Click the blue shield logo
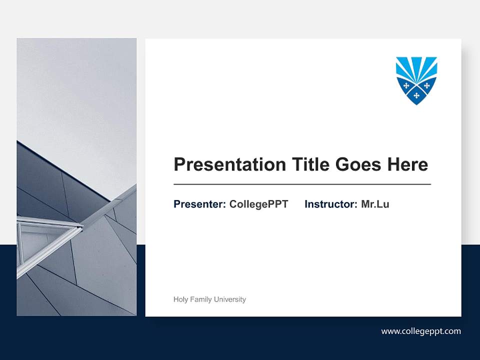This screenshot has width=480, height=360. [416, 80]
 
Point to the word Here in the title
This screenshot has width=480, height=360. [407, 164]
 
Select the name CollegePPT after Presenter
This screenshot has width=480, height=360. [258, 204]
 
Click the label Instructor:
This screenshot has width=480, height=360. [331, 204]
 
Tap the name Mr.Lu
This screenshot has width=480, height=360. [375, 204]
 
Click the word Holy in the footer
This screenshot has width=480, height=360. [181, 299]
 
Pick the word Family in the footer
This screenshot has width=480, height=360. [201, 299]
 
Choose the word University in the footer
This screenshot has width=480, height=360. [230, 299]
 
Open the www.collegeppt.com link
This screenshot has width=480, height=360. [421, 331]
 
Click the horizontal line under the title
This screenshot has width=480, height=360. [302, 184]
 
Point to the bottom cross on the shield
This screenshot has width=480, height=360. [416, 95]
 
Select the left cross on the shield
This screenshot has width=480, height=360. [406, 85]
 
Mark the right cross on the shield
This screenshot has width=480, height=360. [427, 85]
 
